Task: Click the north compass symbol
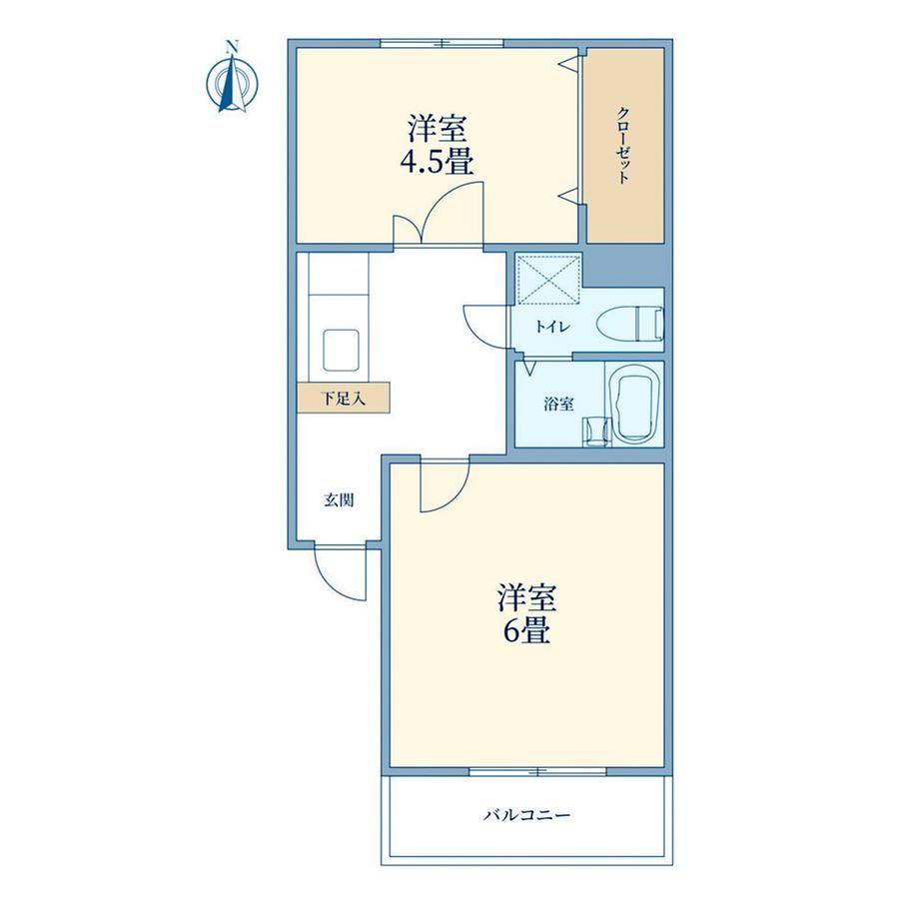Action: point(233,83)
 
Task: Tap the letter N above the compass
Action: point(233,45)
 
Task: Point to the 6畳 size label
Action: point(525,630)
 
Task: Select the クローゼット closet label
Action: point(624,146)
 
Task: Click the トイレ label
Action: point(552,327)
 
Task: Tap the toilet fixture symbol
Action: point(630,323)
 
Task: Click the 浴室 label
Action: point(558,404)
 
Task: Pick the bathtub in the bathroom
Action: point(635,405)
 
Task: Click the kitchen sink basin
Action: point(341,350)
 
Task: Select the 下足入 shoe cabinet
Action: point(344,398)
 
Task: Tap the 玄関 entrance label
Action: point(339,500)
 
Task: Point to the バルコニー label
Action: point(526,815)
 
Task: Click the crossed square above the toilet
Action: point(548,280)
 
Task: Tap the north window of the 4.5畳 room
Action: point(442,43)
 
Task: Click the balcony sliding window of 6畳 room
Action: point(537,771)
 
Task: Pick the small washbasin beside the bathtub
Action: point(596,432)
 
